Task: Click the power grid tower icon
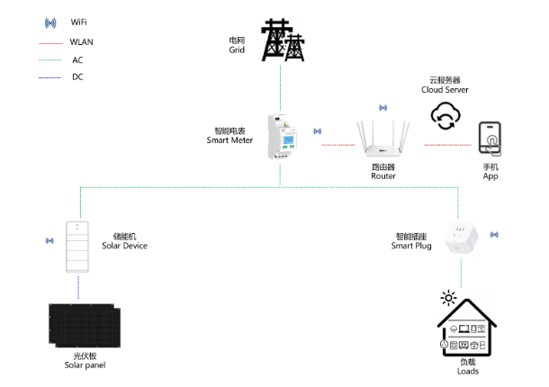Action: (283, 40)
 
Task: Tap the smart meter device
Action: (283, 137)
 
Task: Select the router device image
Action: (383, 139)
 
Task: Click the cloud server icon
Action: (445, 115)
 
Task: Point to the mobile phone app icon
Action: (490, 139)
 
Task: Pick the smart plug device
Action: (461, 238)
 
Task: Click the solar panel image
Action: (85, 326)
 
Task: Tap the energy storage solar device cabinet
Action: (77, 247)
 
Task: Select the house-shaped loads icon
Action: (467, 328)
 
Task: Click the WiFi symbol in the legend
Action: (50, 23)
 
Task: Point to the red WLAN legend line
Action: (50, 43)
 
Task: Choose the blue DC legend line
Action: (49, 77)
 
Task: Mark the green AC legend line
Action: (50, 60)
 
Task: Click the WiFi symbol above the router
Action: (383, 108)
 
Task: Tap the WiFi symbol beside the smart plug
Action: (494, 235)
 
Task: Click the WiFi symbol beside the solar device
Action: (49, 240)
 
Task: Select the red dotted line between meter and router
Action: (338, 145)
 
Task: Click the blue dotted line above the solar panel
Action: (78, 287)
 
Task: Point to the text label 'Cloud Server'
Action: (445, 90)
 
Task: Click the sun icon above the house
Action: (448, 298)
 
